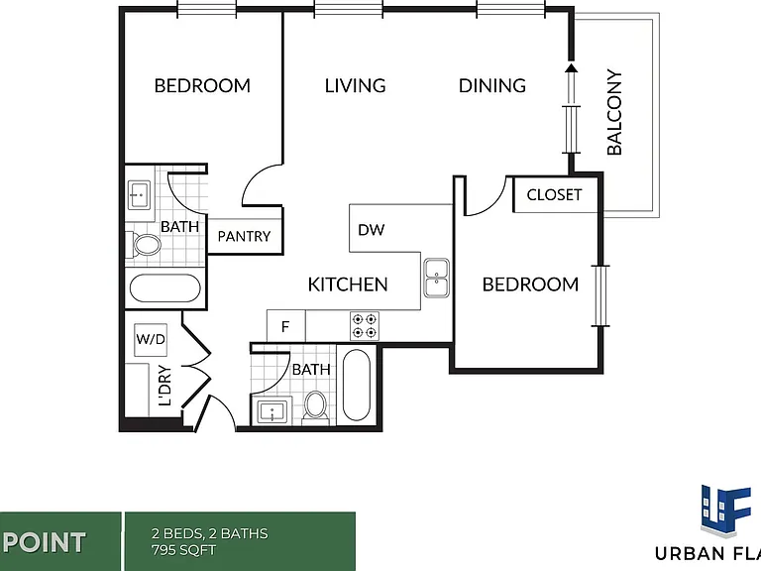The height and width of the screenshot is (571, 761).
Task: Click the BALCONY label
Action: (614, 112)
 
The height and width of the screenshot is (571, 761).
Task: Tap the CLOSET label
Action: (554, 194)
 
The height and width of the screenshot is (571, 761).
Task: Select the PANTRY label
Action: (244, 236)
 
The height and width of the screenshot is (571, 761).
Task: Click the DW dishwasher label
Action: (372, 230)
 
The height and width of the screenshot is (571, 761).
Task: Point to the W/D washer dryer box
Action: (151, 339)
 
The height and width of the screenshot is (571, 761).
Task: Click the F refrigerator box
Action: (285, 326)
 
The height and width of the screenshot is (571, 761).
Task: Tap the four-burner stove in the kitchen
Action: (365, 326)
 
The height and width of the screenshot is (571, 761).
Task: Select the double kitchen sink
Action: (436, 278)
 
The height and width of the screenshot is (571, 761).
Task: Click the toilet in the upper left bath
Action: (144, 244)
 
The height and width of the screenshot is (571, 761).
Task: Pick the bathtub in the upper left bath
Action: (165, 288)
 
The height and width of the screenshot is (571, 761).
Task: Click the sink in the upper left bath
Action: (139, 195)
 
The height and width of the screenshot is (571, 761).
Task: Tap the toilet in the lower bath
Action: (316, 405)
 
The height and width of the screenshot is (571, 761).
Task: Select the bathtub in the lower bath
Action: (357, 385)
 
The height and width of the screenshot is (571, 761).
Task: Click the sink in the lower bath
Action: (272, 412)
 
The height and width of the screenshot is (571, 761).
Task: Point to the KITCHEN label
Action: (348, 285)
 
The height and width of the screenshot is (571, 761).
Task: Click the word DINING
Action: (492, 86)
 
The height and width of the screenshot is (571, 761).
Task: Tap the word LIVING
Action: (356, 86)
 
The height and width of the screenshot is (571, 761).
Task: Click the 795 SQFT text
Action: (184, 550)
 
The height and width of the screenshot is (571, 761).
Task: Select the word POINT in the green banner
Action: (47, 542)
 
